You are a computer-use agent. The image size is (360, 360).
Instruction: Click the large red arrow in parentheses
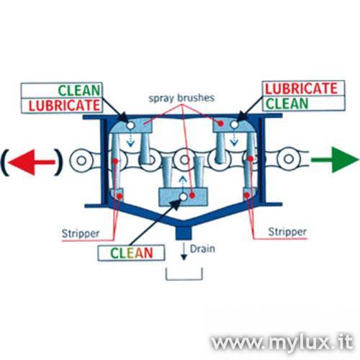click(32, 163)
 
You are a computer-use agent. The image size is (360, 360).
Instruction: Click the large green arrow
click(335, 159)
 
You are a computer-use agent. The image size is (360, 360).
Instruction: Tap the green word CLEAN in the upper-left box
click(79, 91)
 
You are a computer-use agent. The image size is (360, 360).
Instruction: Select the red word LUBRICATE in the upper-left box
click(64, 106)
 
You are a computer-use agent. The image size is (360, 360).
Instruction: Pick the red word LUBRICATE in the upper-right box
click(301, 89)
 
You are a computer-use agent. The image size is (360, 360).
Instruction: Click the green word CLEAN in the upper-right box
click(287, 104)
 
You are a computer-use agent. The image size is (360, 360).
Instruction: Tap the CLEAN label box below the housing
click(131, 253)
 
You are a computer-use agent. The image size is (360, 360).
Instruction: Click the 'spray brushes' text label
click(181, 98)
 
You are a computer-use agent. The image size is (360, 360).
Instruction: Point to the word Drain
click(202, 249)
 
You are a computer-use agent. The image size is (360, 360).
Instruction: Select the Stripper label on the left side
click(81, 233)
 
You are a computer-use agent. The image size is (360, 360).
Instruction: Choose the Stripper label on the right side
click(287, 232)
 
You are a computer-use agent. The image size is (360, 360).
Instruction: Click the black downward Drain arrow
click(184, 252)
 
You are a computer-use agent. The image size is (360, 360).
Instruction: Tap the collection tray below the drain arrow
click(184, 279)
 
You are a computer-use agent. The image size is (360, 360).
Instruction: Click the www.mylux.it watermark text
click(282, 341)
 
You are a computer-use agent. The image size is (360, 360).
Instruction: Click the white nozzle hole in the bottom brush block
click(184, 197)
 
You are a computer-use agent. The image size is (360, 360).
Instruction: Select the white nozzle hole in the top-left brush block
click(131, 125)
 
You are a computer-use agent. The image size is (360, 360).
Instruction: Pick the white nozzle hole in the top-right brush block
click(235, 125)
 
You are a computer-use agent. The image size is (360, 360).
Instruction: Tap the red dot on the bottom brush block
click(192, 195)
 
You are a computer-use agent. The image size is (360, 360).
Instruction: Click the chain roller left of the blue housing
click(81, 161)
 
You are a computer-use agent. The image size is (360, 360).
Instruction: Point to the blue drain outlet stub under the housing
click(184, 233)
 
